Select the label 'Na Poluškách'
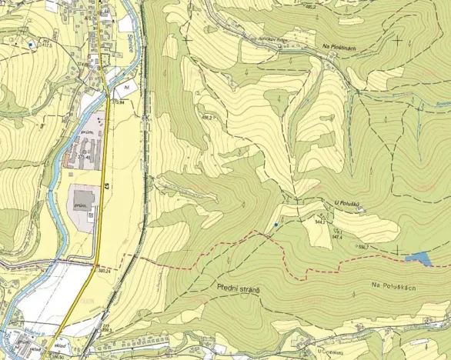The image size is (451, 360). click(393, 286)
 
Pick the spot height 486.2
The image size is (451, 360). click(207, 118)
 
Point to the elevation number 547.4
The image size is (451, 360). click(337, 237)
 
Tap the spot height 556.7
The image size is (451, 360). click(362, 246)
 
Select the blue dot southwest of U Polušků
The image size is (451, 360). click(276, 224)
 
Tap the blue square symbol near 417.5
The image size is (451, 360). click(30, 45)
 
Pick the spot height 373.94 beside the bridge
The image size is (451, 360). click(118, 102)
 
